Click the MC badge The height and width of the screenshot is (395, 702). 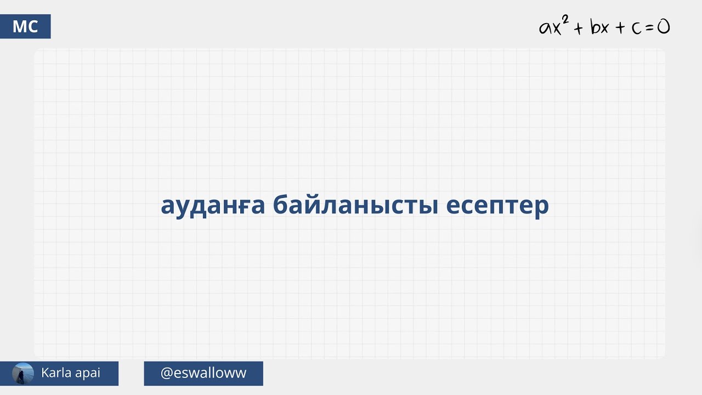click(25, 26)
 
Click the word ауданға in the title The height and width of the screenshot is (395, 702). click(213, 206)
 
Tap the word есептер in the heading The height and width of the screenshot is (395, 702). click(497, 206)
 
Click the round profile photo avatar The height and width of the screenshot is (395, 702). click(22, 374)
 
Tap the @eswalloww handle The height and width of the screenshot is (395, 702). click(203, 373)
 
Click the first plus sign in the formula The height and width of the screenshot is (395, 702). click(578, 28)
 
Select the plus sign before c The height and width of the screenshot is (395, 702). click(620, 28)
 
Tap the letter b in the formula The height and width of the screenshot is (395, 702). click(595, 27)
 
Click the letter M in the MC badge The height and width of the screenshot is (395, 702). click(19, 26)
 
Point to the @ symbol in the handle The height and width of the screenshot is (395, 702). click(167, 374)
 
